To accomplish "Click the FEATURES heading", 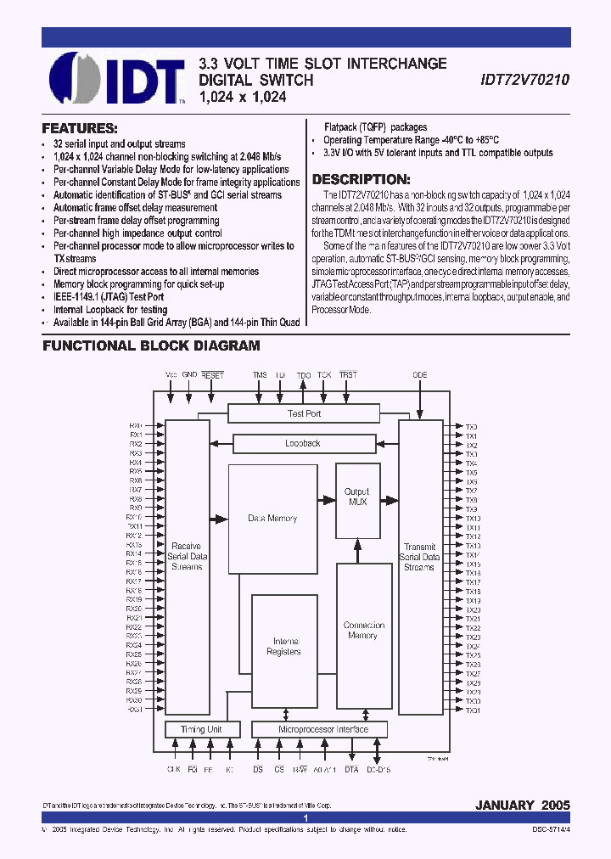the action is pyautogui.click(x=80, y=129).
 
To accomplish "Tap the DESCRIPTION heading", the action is pyautogui.click(x=362, y=180).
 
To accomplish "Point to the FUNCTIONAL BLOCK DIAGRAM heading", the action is pyautogui.click(x=151, y=346).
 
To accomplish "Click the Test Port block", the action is pyautogui.click(x=304, y=413).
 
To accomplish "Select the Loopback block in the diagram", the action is pyautogui.click(x=302, y=443).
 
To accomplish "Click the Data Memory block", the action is pyautogui.click(x=272, y=518).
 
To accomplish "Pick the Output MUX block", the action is pyautogui.click(x=356, y=497).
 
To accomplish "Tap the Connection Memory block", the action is pyautogui.click(x=364, y=630).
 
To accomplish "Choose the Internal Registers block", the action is pyautogui.click(x=283, y=647).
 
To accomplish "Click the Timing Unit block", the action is pyautogui.click(x=201, y=729).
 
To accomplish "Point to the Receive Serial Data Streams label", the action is pyautogui.click(x=186, y=556).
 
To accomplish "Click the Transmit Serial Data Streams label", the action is pyautogui.click(x=419, y=557).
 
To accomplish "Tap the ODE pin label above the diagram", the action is pyautogui.click(x=419, y=374).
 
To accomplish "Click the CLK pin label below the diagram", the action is pyautogui.click(x=173, y=770).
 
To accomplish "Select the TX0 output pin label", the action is pyautogui.click(x=472, y=426).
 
